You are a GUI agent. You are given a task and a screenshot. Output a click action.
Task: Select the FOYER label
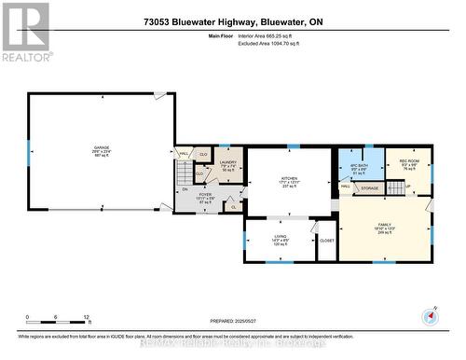[205, 195]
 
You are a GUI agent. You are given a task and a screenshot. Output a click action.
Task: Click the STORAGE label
[369, 187]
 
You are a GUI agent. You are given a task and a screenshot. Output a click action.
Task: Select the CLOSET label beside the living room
[326, 241]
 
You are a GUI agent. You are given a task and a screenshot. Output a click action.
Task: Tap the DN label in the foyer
[184, 190]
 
